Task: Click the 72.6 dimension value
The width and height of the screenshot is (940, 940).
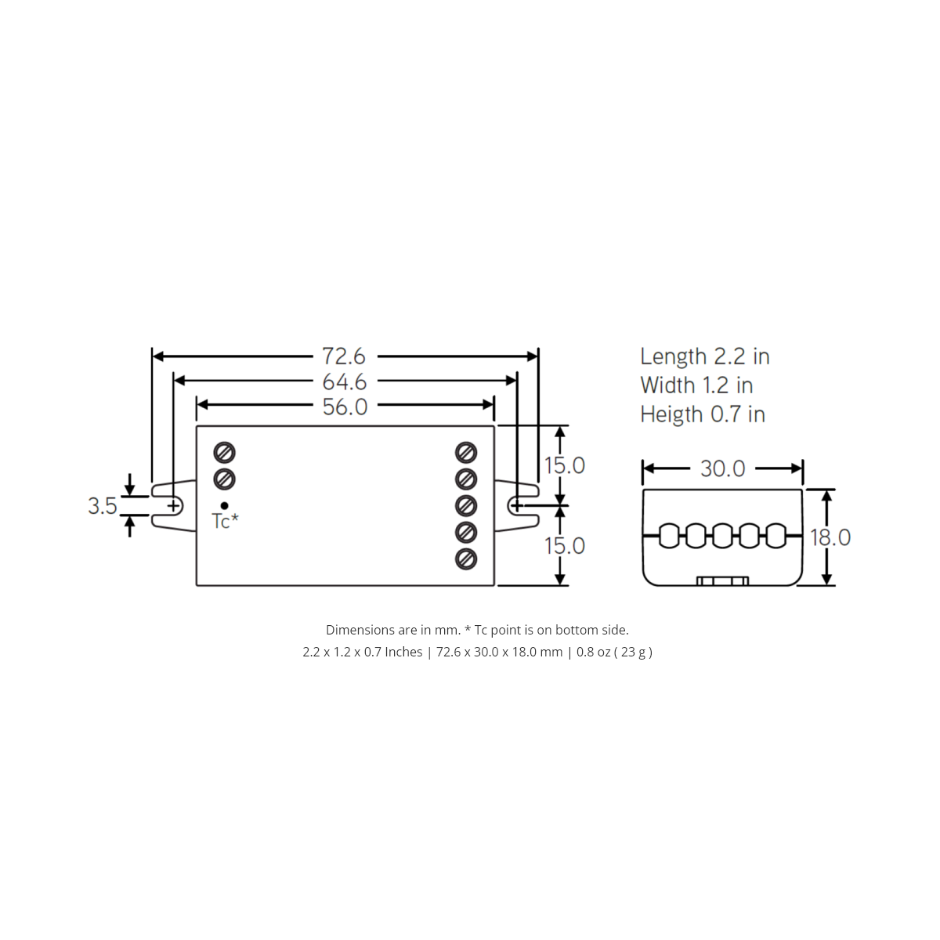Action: [344, 356]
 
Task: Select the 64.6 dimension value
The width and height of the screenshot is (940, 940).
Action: [344, 382]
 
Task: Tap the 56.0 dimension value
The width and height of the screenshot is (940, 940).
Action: [344, 407]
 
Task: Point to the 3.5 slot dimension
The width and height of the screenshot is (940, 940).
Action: [102, 506]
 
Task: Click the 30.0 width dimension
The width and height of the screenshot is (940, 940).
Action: [722, 468]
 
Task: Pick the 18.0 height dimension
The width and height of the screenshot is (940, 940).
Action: [830, 537]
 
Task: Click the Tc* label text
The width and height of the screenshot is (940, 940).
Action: [225, 522]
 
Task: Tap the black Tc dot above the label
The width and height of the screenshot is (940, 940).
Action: [225, 505]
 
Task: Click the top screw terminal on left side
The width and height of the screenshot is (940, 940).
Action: [225, 453]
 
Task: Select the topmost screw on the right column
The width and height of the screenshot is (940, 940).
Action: [467, 453]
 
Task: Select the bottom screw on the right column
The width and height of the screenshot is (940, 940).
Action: [467, 559]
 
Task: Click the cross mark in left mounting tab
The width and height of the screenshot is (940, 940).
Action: [173, 506]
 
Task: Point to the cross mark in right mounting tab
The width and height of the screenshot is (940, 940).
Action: [516, 506]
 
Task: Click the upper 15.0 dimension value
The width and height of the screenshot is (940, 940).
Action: [565, 465]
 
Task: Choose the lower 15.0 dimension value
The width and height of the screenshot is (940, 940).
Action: [565, 545]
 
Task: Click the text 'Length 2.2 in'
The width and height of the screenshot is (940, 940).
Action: [704, 356]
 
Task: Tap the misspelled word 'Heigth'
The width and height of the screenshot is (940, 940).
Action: [671, 414]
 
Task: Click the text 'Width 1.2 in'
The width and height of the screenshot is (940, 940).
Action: [696, 385]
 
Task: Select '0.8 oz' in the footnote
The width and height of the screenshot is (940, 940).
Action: [593, 652]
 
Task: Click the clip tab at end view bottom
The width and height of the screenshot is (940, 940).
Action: [722, 581]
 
